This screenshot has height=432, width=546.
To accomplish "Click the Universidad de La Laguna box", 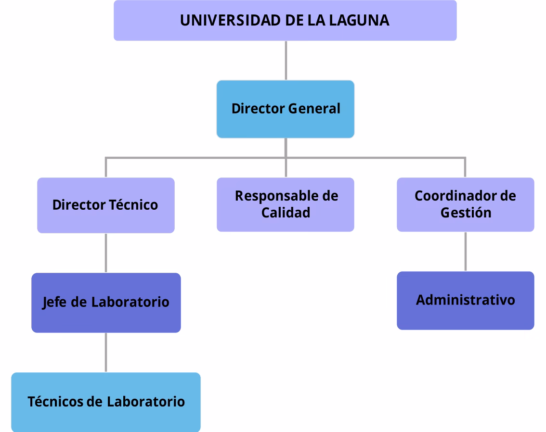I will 285,21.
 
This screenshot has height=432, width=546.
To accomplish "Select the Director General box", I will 286,109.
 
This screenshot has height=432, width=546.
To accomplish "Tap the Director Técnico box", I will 106,205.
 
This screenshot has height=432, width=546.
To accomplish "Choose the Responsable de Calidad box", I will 286,204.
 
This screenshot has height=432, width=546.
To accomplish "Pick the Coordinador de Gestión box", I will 465,204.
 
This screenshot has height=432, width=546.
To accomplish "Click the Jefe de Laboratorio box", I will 106,303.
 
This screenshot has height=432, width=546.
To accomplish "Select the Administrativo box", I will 465,301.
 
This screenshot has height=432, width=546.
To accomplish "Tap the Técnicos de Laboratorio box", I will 106,402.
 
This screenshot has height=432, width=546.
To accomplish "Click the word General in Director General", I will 314,109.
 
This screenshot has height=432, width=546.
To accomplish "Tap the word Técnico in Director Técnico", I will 133,205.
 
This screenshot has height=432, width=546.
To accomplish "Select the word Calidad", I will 286,213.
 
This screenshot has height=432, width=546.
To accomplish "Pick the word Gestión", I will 466,213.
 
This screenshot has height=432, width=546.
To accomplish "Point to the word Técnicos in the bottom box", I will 55,402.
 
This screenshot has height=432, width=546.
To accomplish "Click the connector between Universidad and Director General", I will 286,60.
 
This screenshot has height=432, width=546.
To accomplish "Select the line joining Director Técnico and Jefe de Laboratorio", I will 106,253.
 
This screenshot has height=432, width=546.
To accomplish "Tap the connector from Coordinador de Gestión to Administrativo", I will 465,251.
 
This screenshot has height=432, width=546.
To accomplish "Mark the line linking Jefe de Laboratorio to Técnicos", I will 106,352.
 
